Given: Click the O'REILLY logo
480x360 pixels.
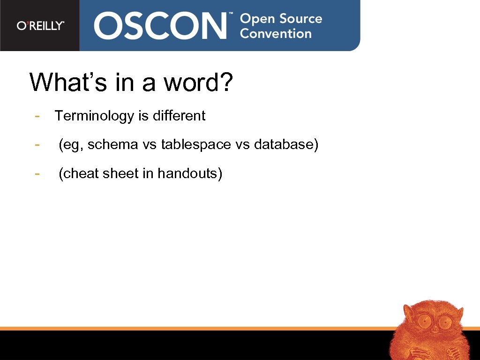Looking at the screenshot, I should pos(40,25).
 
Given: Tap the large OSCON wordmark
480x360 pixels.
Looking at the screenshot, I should pos(161,25).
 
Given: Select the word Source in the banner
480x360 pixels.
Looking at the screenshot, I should pos(301,19).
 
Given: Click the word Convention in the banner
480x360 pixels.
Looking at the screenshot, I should pos(276,34).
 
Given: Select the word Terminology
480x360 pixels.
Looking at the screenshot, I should pos(94,116).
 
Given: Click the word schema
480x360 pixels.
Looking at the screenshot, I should pos(113,144).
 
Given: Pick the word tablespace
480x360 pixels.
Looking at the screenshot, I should pos(196,144).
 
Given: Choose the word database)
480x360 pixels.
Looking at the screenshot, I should pos(286,144).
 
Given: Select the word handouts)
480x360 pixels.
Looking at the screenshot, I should pos(190,173).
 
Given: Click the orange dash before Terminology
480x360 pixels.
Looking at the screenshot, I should pos(37,116).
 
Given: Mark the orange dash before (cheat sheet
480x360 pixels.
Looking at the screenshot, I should pos(37,173).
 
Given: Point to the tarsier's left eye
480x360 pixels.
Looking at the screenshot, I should pos(425,321).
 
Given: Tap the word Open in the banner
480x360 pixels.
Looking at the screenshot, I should pos(257,19).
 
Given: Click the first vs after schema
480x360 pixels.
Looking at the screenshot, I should pos(150,144).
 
